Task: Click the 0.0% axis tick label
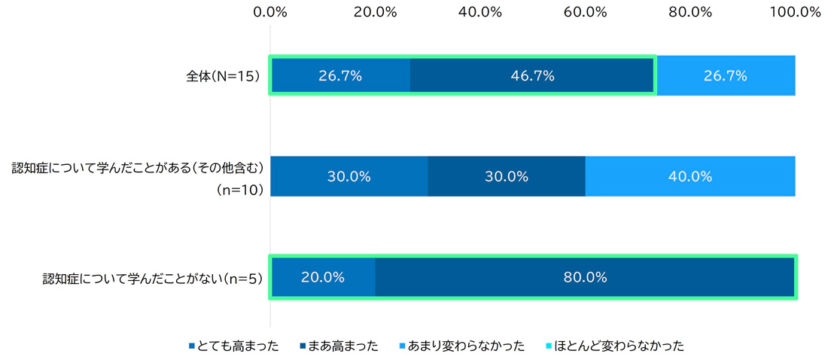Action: coord(270,11)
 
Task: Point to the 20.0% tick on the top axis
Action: coord(375,11)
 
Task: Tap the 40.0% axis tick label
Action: coord(480,11)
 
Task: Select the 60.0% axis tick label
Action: coord(585,11)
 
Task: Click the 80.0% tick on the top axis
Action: coord(690,11)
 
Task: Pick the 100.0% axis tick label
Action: coord(796,11)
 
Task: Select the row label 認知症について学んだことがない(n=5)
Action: coord(152,279)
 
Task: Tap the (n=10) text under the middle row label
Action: coord(239,190)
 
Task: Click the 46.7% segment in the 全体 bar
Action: coord(532,75)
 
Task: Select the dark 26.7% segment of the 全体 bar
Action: coord(340,75)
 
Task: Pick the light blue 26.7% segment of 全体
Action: coord(725,75)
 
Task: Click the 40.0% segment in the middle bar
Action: coord(690,176)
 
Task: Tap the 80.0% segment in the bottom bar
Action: coord(585,277)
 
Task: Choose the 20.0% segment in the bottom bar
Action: coord(323,277)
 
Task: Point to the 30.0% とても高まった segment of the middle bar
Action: coord(349,176)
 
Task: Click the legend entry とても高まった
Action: coord(234,346)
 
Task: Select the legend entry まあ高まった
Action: coord(341,346)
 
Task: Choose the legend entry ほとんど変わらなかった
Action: coord(613,346)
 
